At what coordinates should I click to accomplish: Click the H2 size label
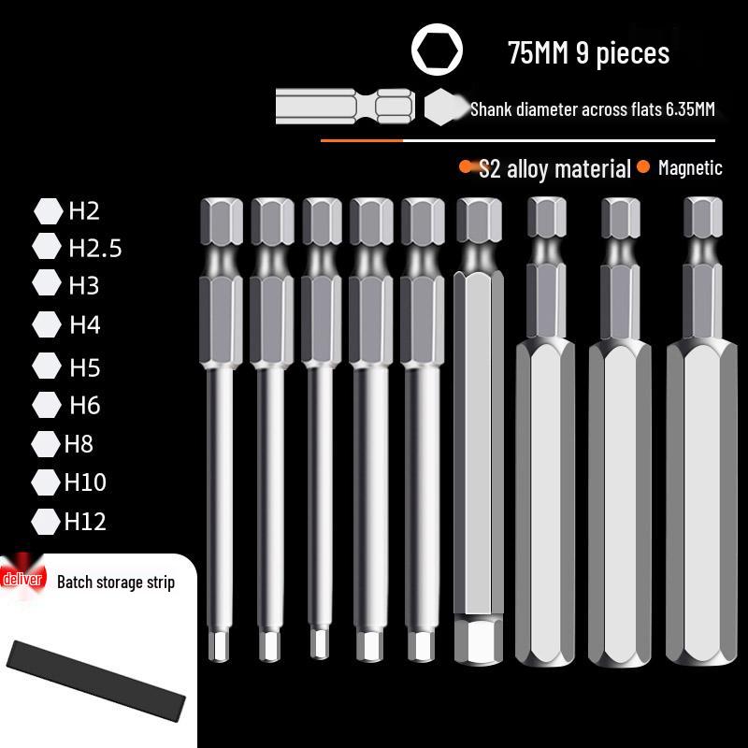(x=83, y=210)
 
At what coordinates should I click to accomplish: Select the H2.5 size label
(x=94, y=248)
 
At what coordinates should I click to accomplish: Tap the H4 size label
(x=84, y=325)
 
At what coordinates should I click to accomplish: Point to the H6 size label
(x=84, y=405)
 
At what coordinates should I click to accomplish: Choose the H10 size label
(x=85, y=482)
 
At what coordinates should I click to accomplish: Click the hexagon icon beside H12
(x=45, y=521)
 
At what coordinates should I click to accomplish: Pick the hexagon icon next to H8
(x=45, y=443)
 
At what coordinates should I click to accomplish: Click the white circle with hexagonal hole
(x=437, y=50)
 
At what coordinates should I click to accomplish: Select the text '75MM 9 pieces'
(x=588, y=52)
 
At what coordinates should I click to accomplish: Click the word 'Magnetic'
(x=690, y=168)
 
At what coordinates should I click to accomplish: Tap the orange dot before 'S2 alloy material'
(x=466, y=167)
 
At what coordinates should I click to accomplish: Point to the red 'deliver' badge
(x=23, y=580)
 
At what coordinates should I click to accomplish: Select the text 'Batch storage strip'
(x=116, y=583)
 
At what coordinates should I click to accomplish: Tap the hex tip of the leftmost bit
(x=223, y=644)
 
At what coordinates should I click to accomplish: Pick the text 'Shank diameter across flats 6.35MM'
(x=592, y=109)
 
